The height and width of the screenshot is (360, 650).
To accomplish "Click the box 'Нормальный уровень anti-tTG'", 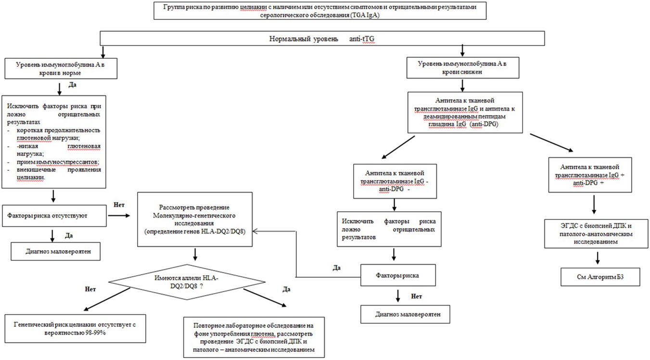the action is (322, 39).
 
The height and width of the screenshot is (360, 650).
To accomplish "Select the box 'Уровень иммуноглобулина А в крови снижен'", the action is (462, 68).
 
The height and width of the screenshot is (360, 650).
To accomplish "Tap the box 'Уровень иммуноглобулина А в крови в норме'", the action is (61, 68).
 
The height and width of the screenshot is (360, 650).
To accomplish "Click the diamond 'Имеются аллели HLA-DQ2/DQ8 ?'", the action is (187, 282).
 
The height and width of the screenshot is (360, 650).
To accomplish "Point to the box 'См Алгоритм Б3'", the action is (600, 277).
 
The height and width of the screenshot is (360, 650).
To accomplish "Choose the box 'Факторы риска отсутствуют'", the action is (54, 216).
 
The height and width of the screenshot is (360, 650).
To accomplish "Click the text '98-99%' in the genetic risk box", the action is (95, 333).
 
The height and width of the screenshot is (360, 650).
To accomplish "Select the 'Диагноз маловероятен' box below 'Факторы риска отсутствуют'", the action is (56, 251).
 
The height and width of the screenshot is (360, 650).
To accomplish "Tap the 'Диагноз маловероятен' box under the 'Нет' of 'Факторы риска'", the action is (406, 314).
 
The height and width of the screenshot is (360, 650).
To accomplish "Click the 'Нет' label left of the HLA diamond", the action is (90, 289).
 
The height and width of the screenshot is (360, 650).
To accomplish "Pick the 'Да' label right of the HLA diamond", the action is (286, 289).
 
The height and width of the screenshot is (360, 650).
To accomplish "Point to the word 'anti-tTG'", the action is (362, 39).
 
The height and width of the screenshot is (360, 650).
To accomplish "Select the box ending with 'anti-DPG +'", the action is (590, 175).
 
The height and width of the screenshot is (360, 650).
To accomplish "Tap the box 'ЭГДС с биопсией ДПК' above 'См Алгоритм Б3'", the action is (596, 234).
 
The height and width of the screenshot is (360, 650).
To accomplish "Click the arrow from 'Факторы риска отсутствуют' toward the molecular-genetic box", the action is (119, 216).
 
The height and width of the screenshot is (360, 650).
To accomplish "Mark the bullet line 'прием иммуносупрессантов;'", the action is (58, 162).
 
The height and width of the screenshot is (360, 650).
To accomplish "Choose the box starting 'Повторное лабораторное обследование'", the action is (254, 337).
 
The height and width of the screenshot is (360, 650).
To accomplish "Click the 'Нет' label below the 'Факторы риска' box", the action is (416, 296).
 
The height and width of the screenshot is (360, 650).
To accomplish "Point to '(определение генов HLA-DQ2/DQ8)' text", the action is (195, 231).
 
